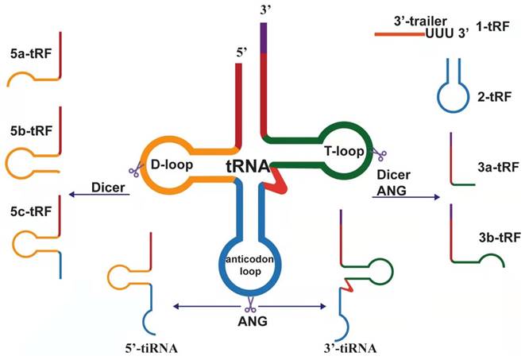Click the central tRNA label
tap(246, 169)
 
